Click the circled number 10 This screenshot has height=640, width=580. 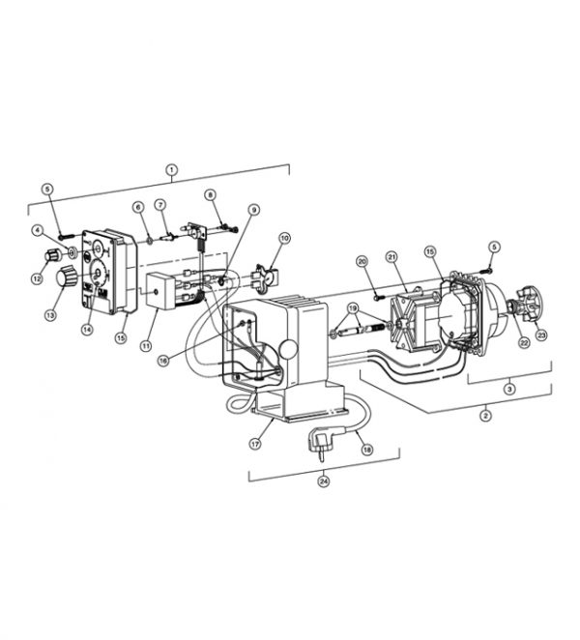[x=284, y=238]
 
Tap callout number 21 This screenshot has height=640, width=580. [x=392, y=256]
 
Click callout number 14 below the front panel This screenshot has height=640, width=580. [x=87, y=329]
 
